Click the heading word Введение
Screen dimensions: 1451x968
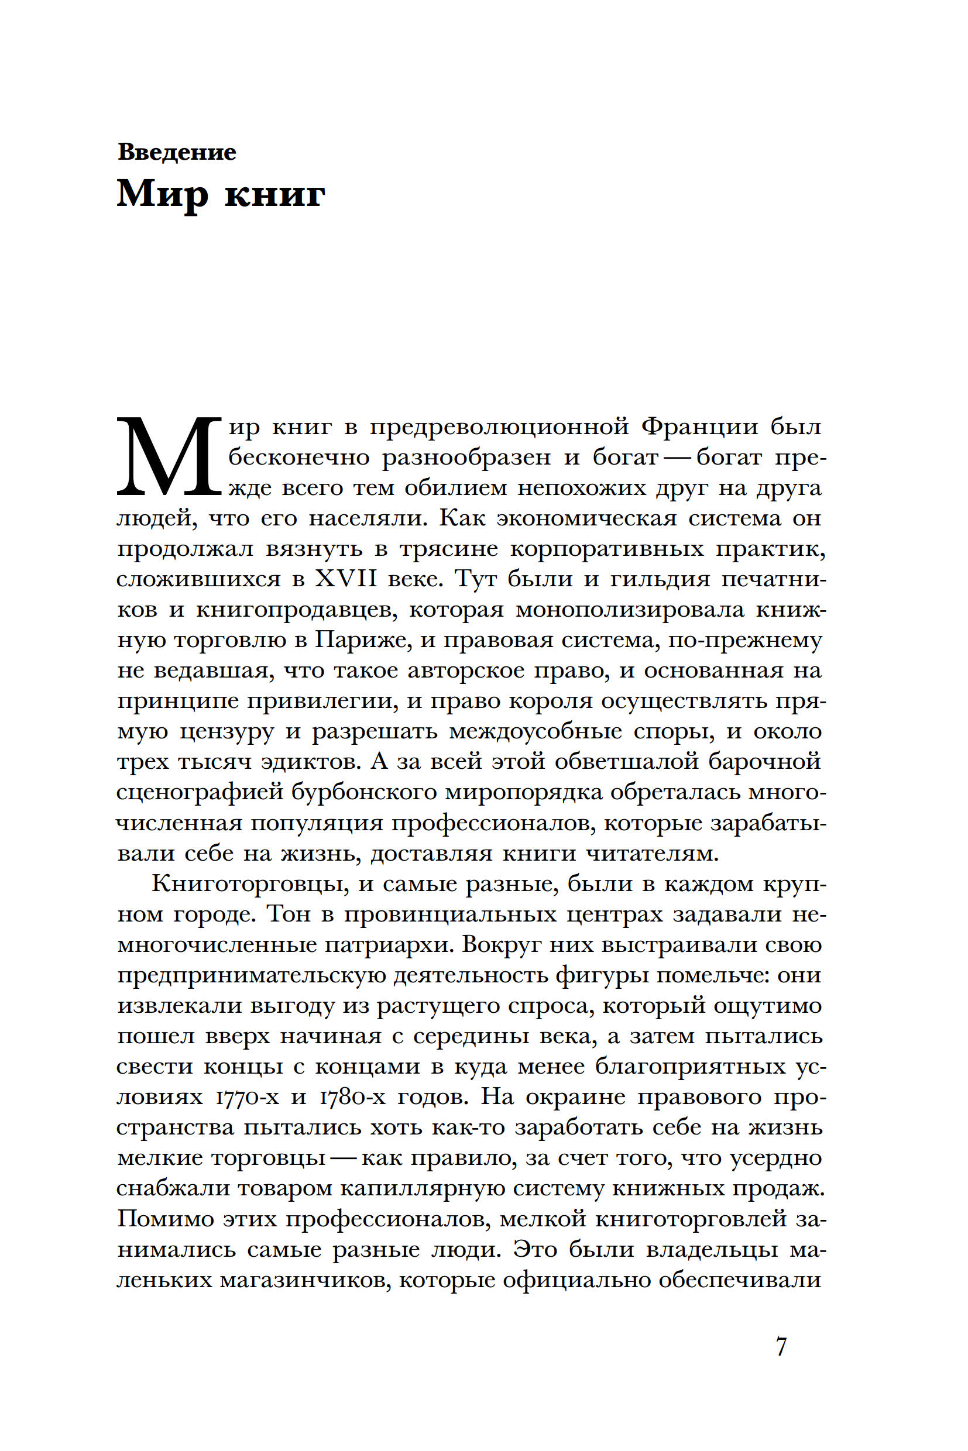[177, 152]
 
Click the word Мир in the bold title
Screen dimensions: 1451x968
[162, 193]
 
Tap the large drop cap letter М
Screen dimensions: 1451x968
[168, 458]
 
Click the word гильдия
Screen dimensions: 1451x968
[660, 579]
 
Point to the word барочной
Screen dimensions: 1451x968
[764, 761]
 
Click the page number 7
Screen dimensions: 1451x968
[781, 1346]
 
